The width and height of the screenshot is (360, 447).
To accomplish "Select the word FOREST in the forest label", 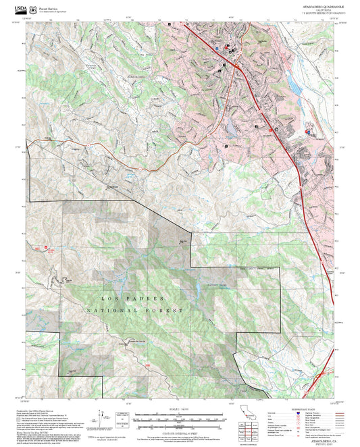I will [168, 310].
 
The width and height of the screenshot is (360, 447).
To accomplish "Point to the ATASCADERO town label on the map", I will [138, 78].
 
